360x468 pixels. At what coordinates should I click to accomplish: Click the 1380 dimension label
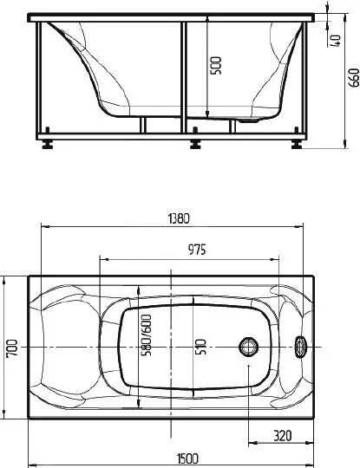pyautogui.click(x=179, y=218)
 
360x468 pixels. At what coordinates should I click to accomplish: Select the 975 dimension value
pyautogui.click(x=197, y=250)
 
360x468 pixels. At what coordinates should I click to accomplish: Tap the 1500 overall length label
pyautogui.click(x=187, y=458)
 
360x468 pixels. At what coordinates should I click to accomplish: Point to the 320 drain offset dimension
pyautogui.click(x=282, y=436)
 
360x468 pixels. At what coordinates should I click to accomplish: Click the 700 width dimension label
pyautogui.click(x=12, y=348)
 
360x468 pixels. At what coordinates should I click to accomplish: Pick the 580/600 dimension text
pyautogui.click(x=147, y=335)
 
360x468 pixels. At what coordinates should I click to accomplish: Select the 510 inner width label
pyautogui.click(x=200, y=347)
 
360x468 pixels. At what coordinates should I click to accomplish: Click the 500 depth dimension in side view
pyautogui.click(x=216, y=66)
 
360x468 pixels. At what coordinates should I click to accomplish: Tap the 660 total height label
pyautogui.click(x=354, y=78)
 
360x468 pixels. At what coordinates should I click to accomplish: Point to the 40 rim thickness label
pyautogui.click(x=336, y=41)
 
